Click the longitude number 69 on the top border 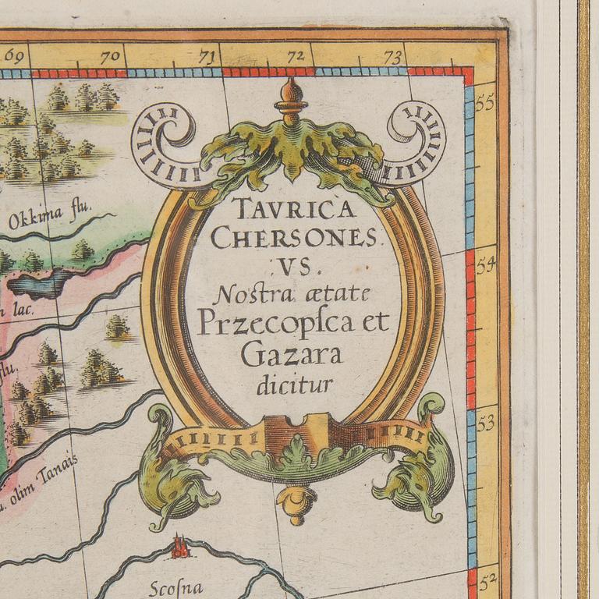(x=15, y=57)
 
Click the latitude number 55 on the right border (x=486, y=104)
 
